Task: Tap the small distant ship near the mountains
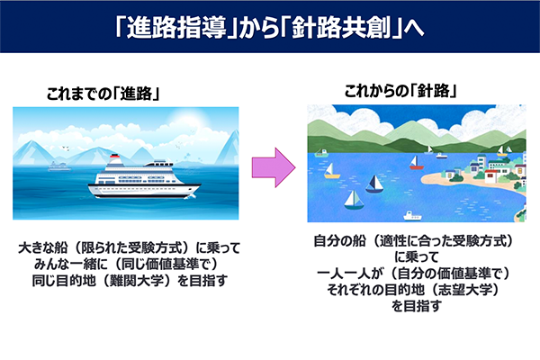click(59, 165)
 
